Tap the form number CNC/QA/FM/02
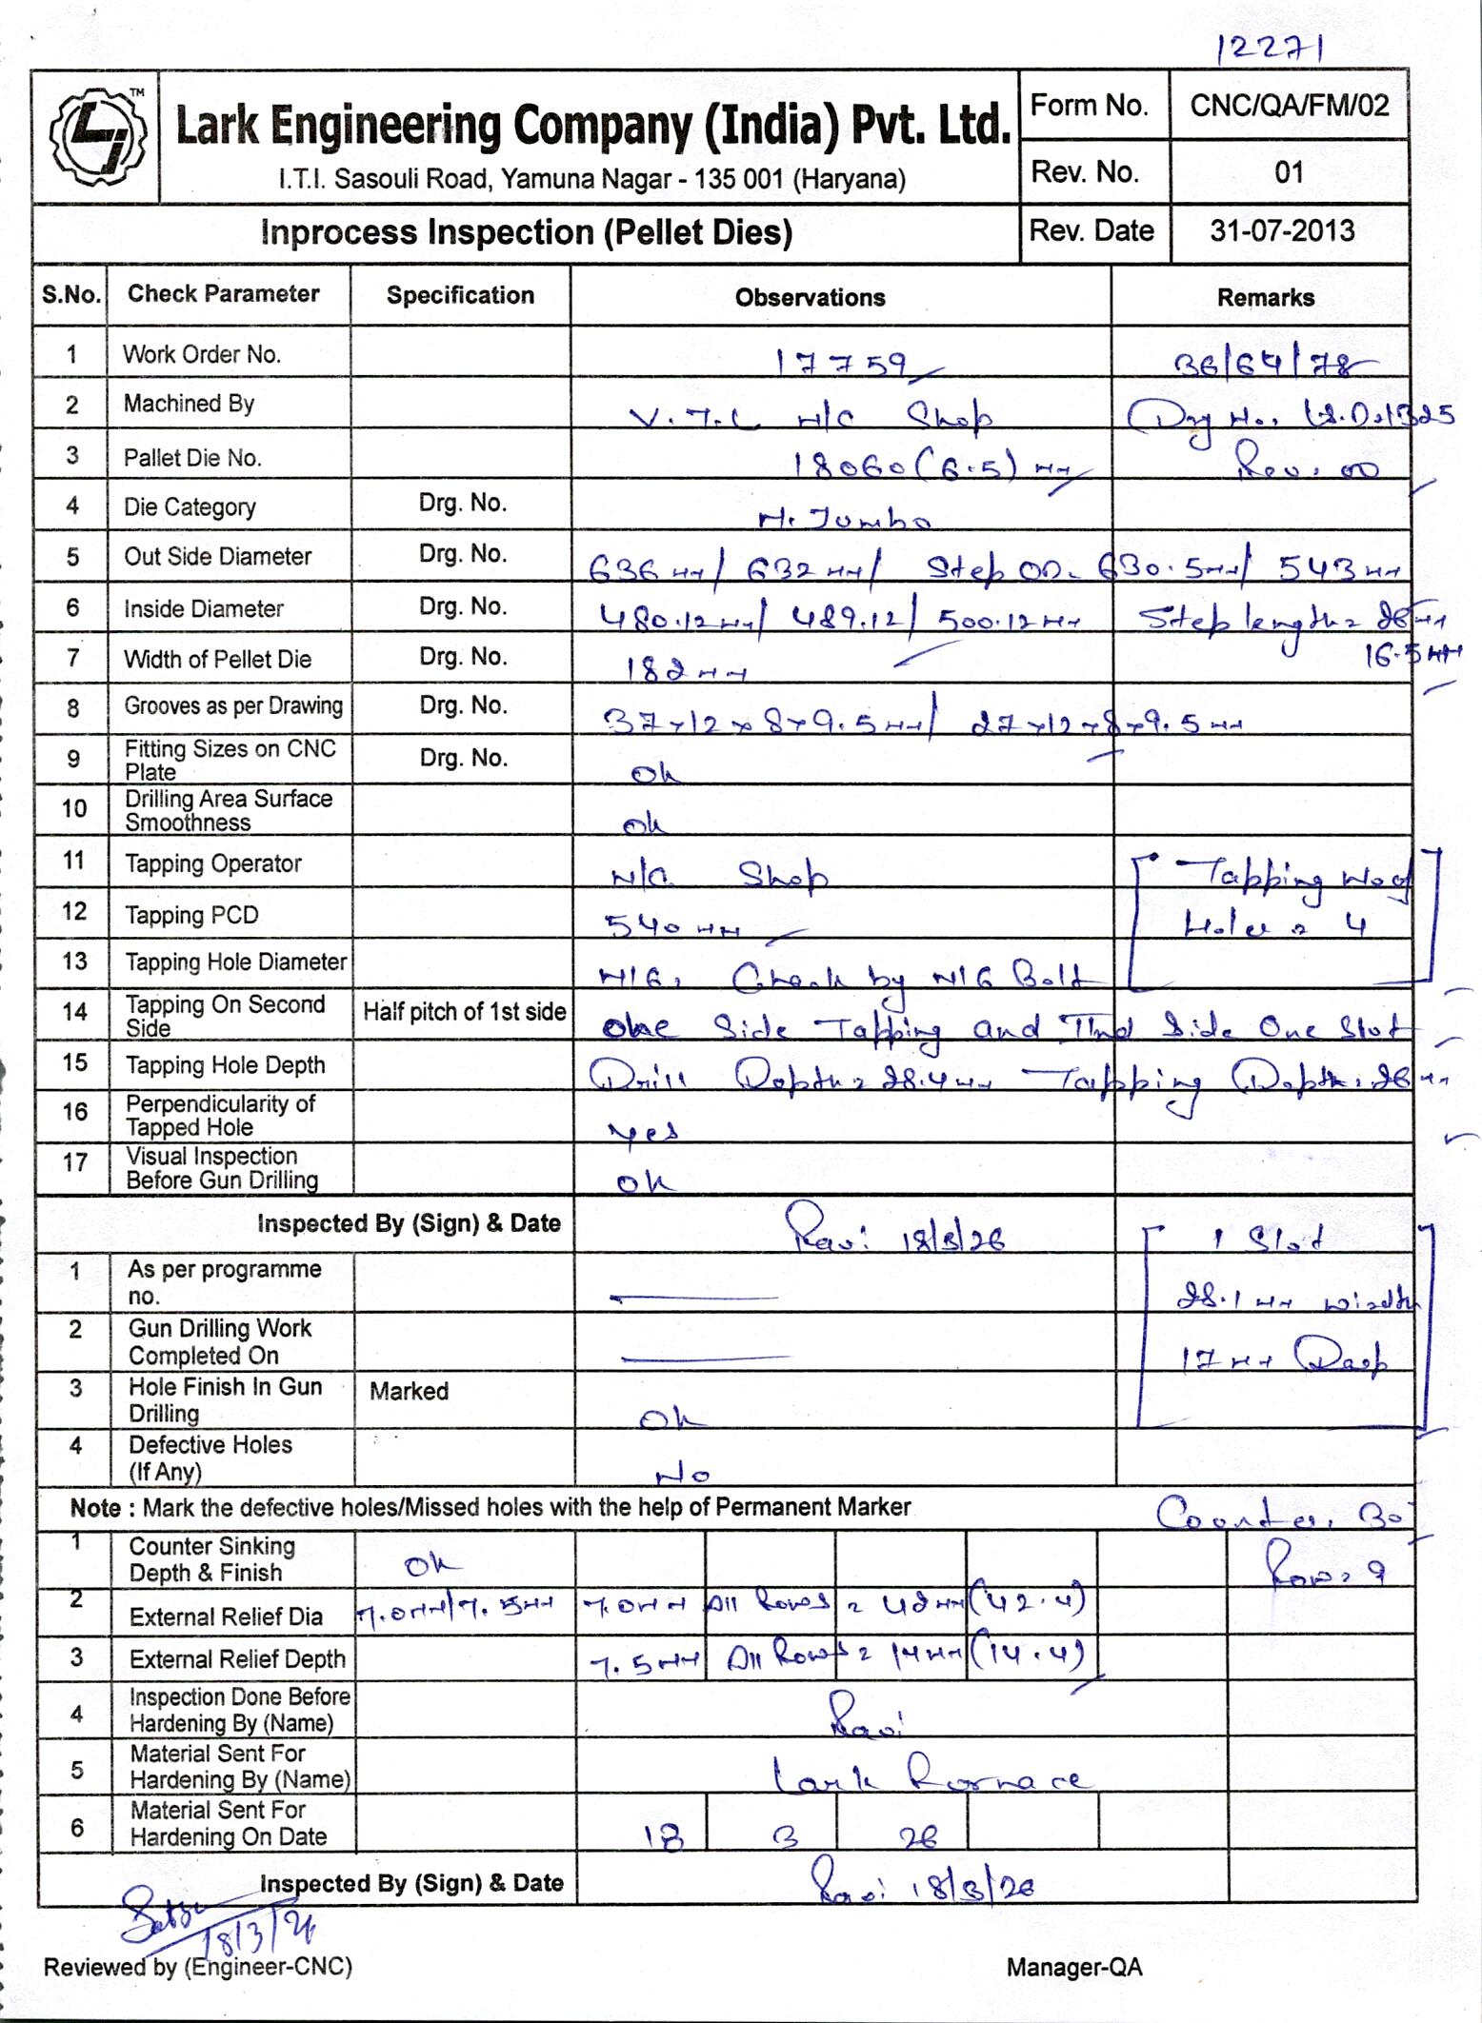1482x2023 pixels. [x=1289, y=106]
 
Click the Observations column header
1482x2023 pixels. [x=810, y=298]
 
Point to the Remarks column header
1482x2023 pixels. [x=1265, y=298]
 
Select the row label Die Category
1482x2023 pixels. [x=190, y=507]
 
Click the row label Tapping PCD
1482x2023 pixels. [x=191, y=916]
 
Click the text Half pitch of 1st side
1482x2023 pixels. [x=464, y=1013]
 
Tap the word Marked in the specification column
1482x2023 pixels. [x=409, y=1392]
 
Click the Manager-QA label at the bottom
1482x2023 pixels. [x=1073, y=1968]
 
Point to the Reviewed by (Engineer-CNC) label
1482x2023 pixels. [x=197, y=1967]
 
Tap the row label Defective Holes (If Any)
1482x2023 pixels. [x=210, y=1458]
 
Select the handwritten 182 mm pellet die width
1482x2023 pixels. [x=684, y=671]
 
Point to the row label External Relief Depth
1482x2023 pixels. [x=237, y=1659]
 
